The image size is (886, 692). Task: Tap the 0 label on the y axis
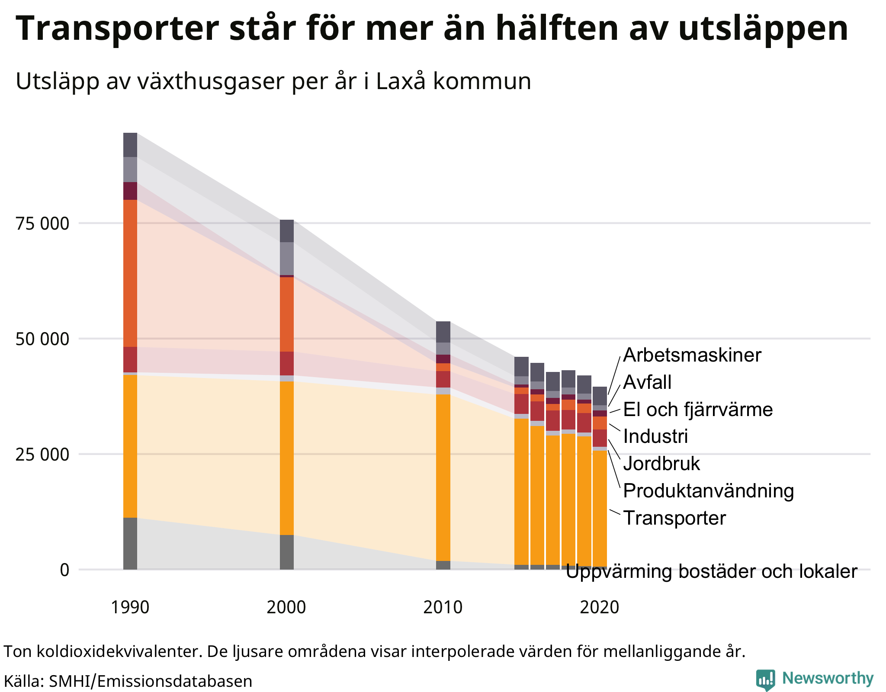tap(64, 570)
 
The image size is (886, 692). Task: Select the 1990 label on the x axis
tap(130, 607)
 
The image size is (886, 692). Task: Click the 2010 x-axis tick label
tap(443, 607)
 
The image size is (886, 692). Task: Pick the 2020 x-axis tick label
tap(599, 607)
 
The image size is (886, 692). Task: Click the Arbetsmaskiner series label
tap(692, 355)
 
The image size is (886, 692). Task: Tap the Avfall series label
tap(647, 382)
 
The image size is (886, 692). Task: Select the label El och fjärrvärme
tap(698, 410)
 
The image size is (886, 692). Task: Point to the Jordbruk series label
tap(661, 464)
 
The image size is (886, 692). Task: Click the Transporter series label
tap(674, 518)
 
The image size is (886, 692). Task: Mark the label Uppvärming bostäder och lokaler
tap(711, 572)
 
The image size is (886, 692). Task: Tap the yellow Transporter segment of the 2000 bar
tap(287, 458)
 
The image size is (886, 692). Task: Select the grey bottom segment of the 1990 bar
tap(130, 543)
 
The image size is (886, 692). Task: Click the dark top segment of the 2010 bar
tap(443, 332)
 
